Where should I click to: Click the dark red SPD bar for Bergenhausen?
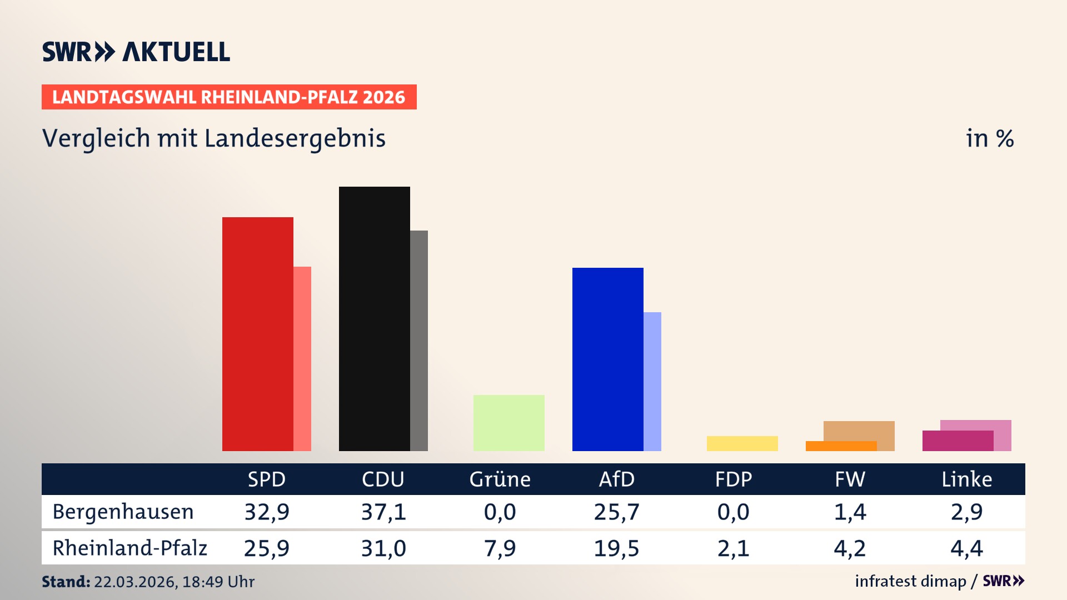(x=257, y=333)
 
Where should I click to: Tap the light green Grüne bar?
(x=508, y=423)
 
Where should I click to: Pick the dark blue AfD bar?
(x=607, y=359)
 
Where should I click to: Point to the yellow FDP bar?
(x=742, y=443)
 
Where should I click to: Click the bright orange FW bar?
(x=841, y=446)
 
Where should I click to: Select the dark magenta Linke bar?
(x=958, y=441)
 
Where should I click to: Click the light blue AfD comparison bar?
(x=652, y=381)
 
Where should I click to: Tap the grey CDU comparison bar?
(x=419, y=340)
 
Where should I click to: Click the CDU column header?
(x=383, y=479)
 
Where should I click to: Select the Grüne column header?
(x=500, y=479)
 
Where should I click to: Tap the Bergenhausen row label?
(x=123, y=512)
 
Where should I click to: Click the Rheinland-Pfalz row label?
(x=129, y=548)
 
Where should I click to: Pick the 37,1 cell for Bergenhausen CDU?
(x=383, y=512)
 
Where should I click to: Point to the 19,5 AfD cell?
(x=616, y=548)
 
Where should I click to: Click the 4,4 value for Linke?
(x=966, y=548)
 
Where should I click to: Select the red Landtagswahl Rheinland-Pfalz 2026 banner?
(x=229, y=97)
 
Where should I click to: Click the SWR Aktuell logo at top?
(x=136, y=52)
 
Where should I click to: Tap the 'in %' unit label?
(x=989, y=138)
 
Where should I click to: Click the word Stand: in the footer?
(x=66, y=582)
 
